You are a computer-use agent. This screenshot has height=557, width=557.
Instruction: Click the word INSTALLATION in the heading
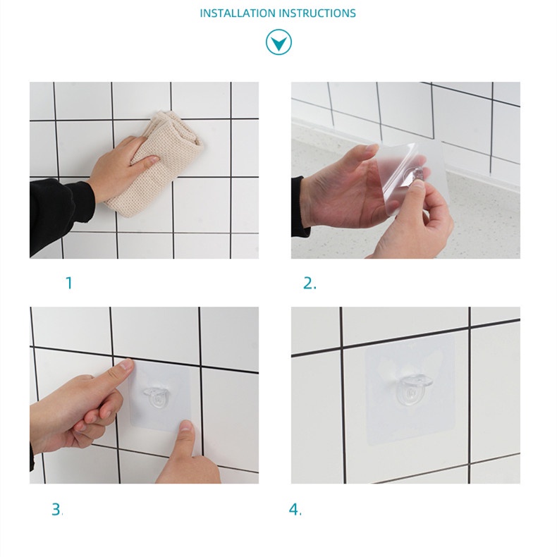238,13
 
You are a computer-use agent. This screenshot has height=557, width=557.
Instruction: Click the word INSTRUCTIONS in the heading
317,13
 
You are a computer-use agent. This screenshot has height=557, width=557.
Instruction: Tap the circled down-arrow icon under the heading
279,42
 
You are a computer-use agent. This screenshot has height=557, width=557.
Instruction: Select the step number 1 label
69,283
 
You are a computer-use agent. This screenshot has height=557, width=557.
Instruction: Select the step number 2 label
310,283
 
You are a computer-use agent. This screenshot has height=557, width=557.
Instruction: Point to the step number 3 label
57,509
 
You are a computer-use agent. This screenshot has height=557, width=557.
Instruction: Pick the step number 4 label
295,509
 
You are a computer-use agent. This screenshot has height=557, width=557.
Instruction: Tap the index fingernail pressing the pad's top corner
126,364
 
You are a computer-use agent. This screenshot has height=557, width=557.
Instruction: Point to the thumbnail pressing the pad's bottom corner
185,426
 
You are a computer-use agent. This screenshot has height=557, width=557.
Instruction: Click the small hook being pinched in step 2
416,175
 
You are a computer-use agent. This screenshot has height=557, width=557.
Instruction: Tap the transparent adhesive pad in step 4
410,390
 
